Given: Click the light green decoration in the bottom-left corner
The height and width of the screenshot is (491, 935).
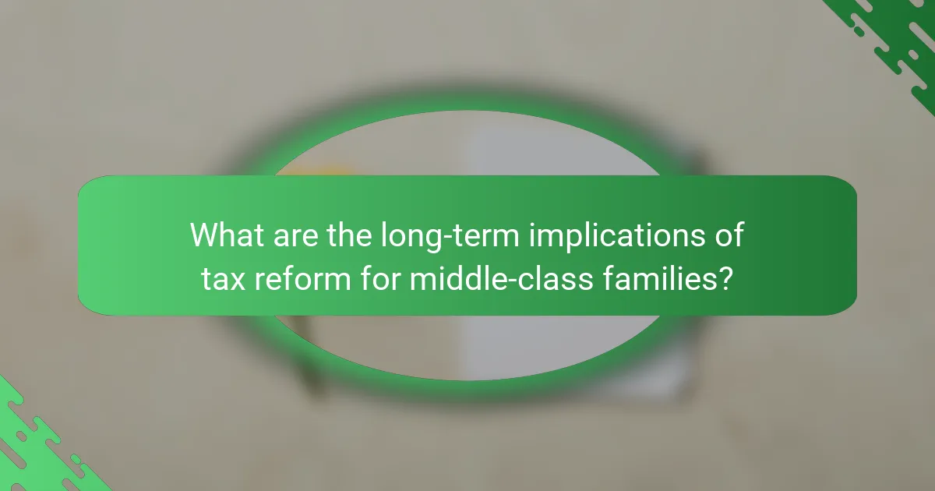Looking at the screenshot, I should pyautogui.click(x=31, y=444).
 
